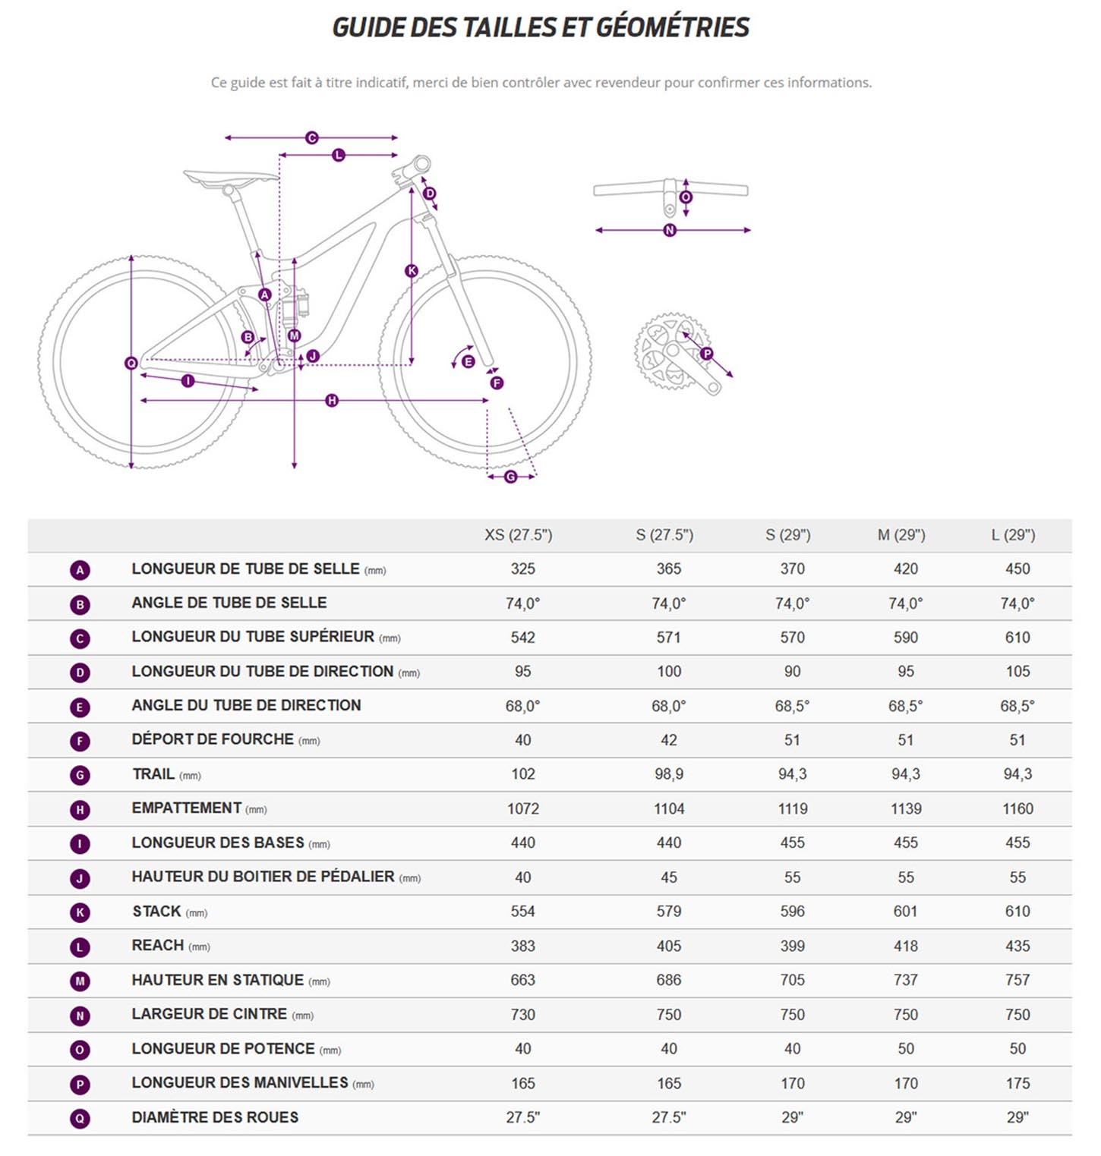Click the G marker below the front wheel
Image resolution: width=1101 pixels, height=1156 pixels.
click(x=511, y=477)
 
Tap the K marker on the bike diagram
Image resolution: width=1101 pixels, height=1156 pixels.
click(x=412, y=271)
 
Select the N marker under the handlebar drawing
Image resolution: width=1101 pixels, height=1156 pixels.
click(x=670, y=230)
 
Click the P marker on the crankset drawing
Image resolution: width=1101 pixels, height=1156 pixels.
click(x=707, y=354)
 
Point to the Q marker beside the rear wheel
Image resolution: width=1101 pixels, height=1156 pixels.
click(x=131, y=364)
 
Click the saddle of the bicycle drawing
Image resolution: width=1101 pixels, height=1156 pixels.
click(x=231, y=178)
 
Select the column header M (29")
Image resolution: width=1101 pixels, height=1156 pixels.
click(x=901, y=535)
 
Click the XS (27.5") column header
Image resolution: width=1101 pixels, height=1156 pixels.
click(x=519, y=535)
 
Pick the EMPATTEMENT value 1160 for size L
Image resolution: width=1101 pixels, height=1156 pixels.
click(x=1017, y=809)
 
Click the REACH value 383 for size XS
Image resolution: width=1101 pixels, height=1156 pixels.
click(x=522, y=946)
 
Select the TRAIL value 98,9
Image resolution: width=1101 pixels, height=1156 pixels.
click(x=668, y=774)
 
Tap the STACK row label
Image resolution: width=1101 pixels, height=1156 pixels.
click(x=156, y=911)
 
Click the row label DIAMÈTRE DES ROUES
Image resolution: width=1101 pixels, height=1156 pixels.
click(x=215, y=1117)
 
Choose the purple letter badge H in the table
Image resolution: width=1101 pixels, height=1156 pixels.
click(x=80, y=810)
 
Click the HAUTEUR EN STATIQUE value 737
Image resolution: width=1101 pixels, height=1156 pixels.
click(x=905, y=980)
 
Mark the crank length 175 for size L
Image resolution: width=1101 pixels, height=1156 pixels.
click(x=1017, y=1083)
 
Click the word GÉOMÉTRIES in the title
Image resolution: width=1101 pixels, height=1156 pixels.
click(x=672, y=28)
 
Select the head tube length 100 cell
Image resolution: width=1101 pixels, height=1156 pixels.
click(x=668, y=672)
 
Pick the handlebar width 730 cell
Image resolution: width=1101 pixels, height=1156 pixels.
click(x=522, y=1015)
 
